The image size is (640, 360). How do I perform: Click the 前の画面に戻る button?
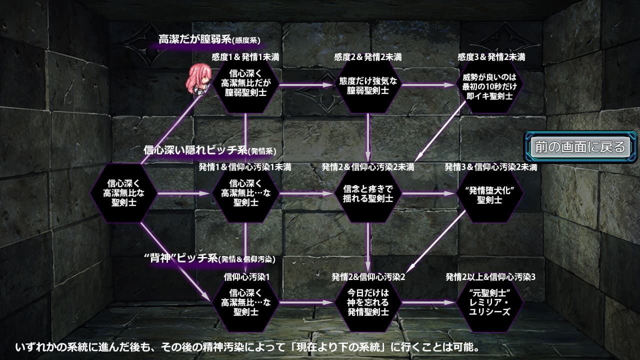580,147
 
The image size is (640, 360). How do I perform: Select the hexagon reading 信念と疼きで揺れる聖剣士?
368,194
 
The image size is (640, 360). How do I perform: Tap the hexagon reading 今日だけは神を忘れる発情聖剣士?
368,302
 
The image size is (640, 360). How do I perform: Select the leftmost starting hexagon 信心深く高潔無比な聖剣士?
123,194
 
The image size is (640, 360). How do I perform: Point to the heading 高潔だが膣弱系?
209,39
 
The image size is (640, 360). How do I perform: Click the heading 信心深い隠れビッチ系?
210,150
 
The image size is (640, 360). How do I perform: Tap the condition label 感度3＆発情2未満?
492,57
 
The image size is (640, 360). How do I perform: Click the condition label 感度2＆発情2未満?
368,57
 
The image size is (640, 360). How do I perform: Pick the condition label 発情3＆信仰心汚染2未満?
491,167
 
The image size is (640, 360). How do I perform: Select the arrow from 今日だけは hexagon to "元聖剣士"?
429,302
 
